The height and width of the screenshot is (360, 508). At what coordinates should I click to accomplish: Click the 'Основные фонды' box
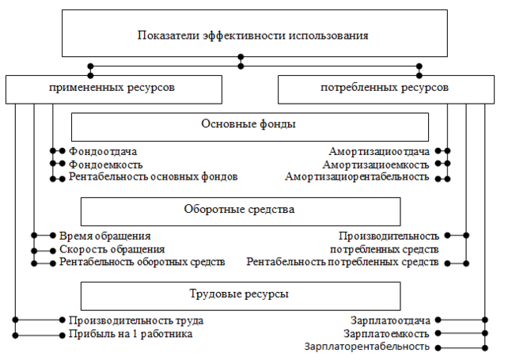coord(249,126)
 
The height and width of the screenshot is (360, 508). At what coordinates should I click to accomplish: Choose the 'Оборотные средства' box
coord(240,211)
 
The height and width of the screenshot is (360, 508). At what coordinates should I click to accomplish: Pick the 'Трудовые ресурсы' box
coord(240,294)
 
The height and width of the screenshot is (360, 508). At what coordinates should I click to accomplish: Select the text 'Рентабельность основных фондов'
coord(153,177)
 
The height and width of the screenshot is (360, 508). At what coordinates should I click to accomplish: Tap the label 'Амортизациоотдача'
coord(379,151)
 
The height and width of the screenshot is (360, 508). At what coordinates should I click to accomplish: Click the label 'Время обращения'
coord(104,236)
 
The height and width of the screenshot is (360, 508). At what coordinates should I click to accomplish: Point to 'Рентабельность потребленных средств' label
coord(342,262)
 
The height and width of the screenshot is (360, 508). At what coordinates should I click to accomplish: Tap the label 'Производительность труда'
coord(136,320)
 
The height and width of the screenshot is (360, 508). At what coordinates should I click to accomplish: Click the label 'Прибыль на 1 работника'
coord(131,334)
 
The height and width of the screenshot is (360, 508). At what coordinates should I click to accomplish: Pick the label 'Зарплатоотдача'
coord(391,320)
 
